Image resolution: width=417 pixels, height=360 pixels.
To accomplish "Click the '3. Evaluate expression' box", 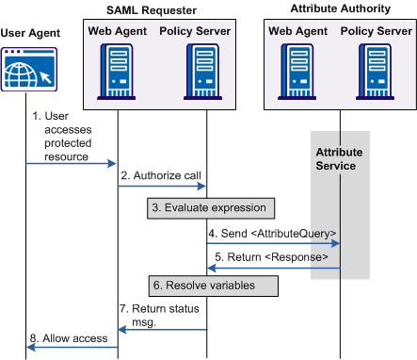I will pyautogui.click(x=211, y=207).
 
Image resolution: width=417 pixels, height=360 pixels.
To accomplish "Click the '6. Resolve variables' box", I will pyautogui.click(x=214, y=285).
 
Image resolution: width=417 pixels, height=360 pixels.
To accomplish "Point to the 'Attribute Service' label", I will pyautogui.click(x=339, y=158).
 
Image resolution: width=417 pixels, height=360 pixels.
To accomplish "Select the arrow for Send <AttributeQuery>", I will pyautogui.click(x=273, y=242).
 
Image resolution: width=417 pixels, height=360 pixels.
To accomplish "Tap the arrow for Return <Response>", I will pyautogui.click(x=273, y=268).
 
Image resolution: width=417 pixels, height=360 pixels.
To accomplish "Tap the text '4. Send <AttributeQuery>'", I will pyautogui.click(x=272, y=232).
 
